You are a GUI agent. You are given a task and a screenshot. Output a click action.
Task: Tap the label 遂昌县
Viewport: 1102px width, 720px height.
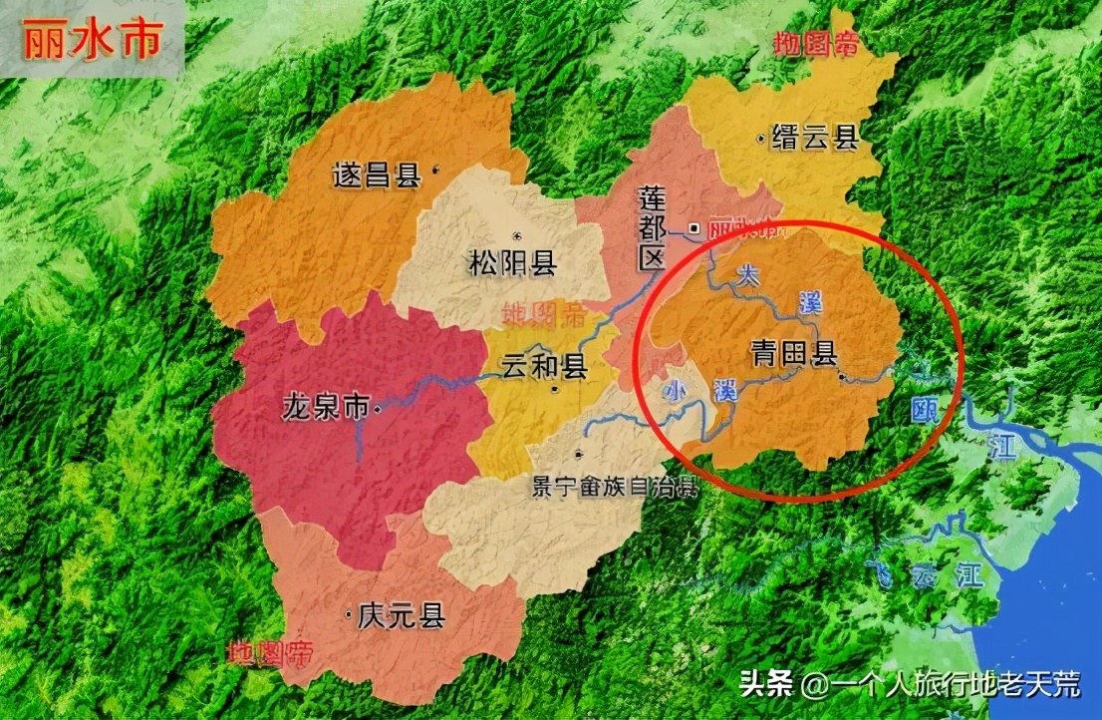pyautogui.click(x=376, y=176)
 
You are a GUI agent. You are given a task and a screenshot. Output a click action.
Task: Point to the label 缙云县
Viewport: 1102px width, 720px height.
pyautogui.click(x=815, y=139)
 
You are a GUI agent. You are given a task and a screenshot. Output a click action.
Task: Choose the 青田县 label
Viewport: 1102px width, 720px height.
pyautogui.click(x=793, y=352)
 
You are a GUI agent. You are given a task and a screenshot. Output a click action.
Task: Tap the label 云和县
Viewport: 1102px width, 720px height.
pyautogui.click(x=544, y=367)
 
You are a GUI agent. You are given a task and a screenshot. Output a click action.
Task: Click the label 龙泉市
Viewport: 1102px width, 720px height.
pyautogui.click(x=326, y=407)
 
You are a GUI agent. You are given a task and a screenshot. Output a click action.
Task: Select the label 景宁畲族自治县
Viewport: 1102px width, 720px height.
pyautogui.click(x=615, y=488)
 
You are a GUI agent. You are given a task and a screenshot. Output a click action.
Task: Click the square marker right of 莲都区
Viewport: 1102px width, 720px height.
pyautogui.click(x=693, y=227)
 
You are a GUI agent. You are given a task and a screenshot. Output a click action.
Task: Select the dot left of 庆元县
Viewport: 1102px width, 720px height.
pyautogui.click(x=347, y=614)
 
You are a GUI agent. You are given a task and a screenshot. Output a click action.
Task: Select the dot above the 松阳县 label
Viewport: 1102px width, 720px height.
pyautogui.click(x=516, y=235)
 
